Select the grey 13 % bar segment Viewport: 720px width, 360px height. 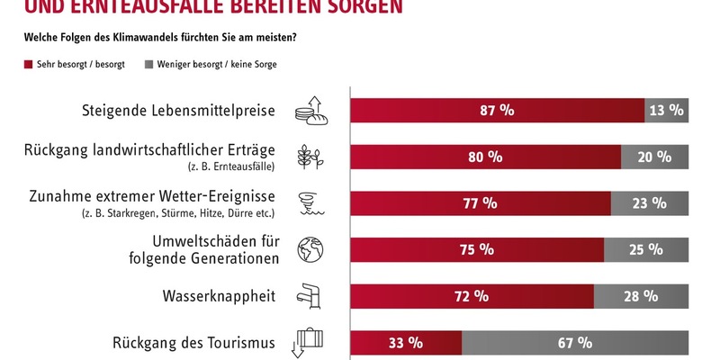(667, 110)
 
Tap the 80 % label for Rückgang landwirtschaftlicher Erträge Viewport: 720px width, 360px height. (484, 157)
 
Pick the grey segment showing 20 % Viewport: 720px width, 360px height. (654, 157)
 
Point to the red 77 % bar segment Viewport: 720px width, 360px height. (480, 203)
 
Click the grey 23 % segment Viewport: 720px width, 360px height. (650, 203)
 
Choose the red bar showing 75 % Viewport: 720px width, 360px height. (476, 249)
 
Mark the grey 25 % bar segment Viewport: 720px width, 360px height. (646, 249)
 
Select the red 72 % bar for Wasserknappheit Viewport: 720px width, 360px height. (471, 296)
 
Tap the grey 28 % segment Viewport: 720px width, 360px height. (641, 296)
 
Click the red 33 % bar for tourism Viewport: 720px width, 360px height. (405, 343)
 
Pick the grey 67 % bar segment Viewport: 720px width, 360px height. (574, 343)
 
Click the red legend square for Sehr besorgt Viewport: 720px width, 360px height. (28, 65)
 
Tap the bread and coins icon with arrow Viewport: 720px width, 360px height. (310, 109)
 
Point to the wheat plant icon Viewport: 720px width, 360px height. (310, 156)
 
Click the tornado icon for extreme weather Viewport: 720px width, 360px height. (310, 202)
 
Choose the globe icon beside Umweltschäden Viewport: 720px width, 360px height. (310, 249)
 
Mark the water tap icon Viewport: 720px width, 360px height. (310, 295)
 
